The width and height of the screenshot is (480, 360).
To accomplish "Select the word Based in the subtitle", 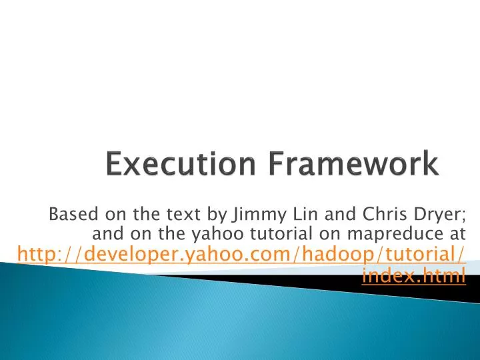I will pyautogui.click(x=69, y=214).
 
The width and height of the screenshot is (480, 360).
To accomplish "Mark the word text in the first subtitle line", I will pyautogui.click(x=194, y=214).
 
